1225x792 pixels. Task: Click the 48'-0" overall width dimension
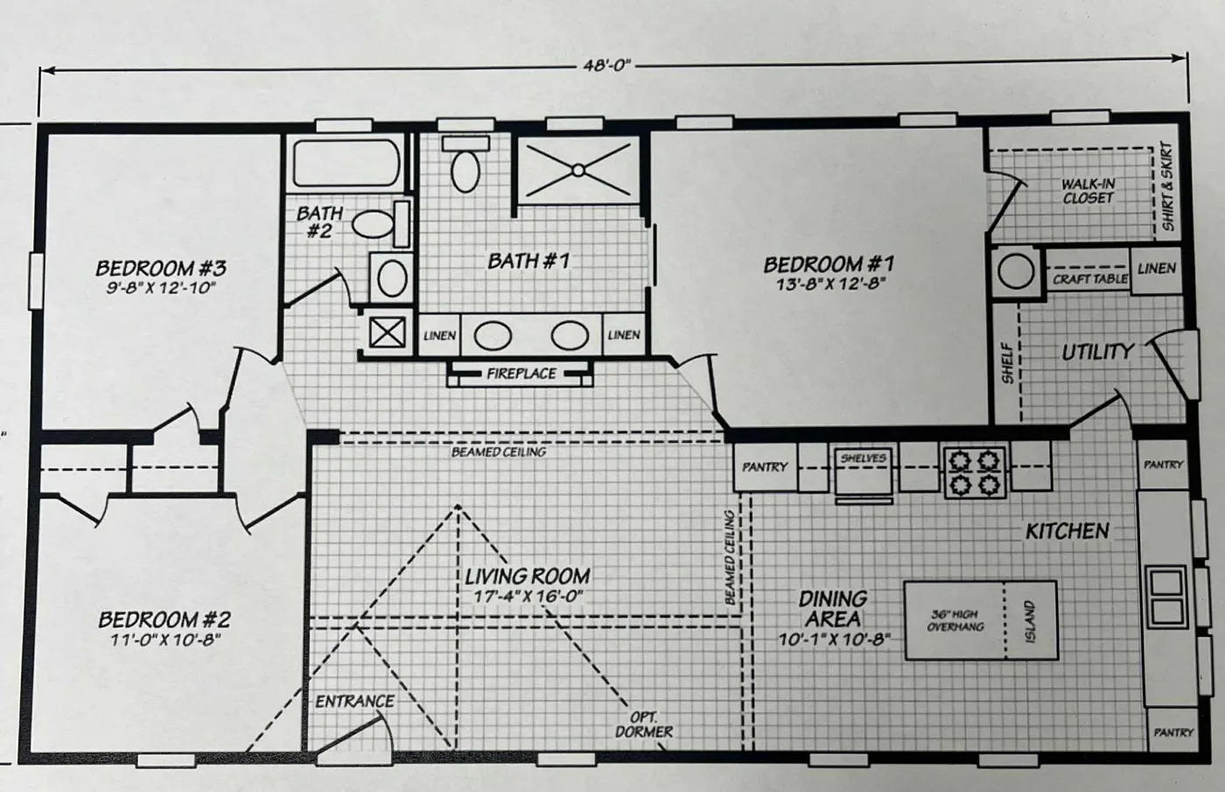point(605,66)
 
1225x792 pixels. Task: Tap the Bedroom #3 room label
point(161,268)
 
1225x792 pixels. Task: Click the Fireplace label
point(521,374)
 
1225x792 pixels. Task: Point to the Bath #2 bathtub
point(346,164)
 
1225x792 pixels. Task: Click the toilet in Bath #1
point(465,167)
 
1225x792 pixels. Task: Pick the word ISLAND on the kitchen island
point(1029,621)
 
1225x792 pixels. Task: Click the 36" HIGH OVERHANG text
point(955,620)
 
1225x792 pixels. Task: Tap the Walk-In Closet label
point(1088,191)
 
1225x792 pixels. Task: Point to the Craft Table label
point(1089,279)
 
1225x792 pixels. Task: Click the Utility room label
point(1097,352)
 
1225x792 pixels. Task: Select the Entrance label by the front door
point(354,701)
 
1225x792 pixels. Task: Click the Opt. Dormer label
point(644,725)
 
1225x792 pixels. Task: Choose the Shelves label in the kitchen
point(863,458)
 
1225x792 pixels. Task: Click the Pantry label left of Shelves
point(765,467)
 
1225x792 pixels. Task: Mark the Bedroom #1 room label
point(829,263)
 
